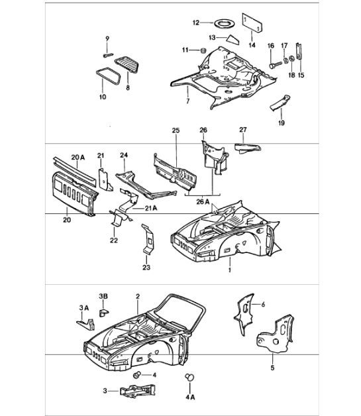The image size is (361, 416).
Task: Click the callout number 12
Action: point(196,23)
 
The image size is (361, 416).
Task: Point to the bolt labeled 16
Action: point(274,66)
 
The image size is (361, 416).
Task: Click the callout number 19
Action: point(282,122)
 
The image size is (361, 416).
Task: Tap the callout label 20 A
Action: point(78,156)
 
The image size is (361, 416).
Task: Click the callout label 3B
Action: point(103,295)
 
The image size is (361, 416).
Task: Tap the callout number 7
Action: point(187,103)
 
